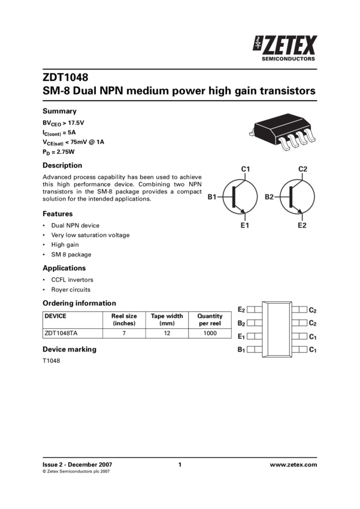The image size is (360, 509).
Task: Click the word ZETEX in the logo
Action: [x=291, y=46]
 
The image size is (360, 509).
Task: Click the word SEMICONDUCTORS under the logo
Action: [x=289, y=59]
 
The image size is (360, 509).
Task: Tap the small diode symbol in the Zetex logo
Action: [x=257, y=44]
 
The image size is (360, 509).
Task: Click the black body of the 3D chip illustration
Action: [x=277, y=128]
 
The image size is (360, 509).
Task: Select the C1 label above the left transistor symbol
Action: [x=246, y=169]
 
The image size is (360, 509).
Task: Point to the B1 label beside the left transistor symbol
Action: [x=213, y=196]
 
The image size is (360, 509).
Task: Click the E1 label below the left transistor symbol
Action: [x=244, y=225]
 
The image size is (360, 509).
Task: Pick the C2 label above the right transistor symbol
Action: [x=302, y=169]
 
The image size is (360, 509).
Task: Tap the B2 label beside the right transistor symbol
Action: [x=270, y=196]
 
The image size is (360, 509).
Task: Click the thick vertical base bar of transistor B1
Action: [x=233, y=196]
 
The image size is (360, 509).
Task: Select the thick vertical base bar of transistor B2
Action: [x=290, y=196]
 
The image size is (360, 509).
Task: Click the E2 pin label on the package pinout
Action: [x=241, y=310]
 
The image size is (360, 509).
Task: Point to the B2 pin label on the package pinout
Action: [x=241, y=323]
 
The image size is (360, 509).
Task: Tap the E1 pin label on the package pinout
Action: [x=241, y=336]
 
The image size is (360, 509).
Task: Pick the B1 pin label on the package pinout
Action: [x=241, y=349]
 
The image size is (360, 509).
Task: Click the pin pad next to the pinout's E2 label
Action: [x=254, y=310]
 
